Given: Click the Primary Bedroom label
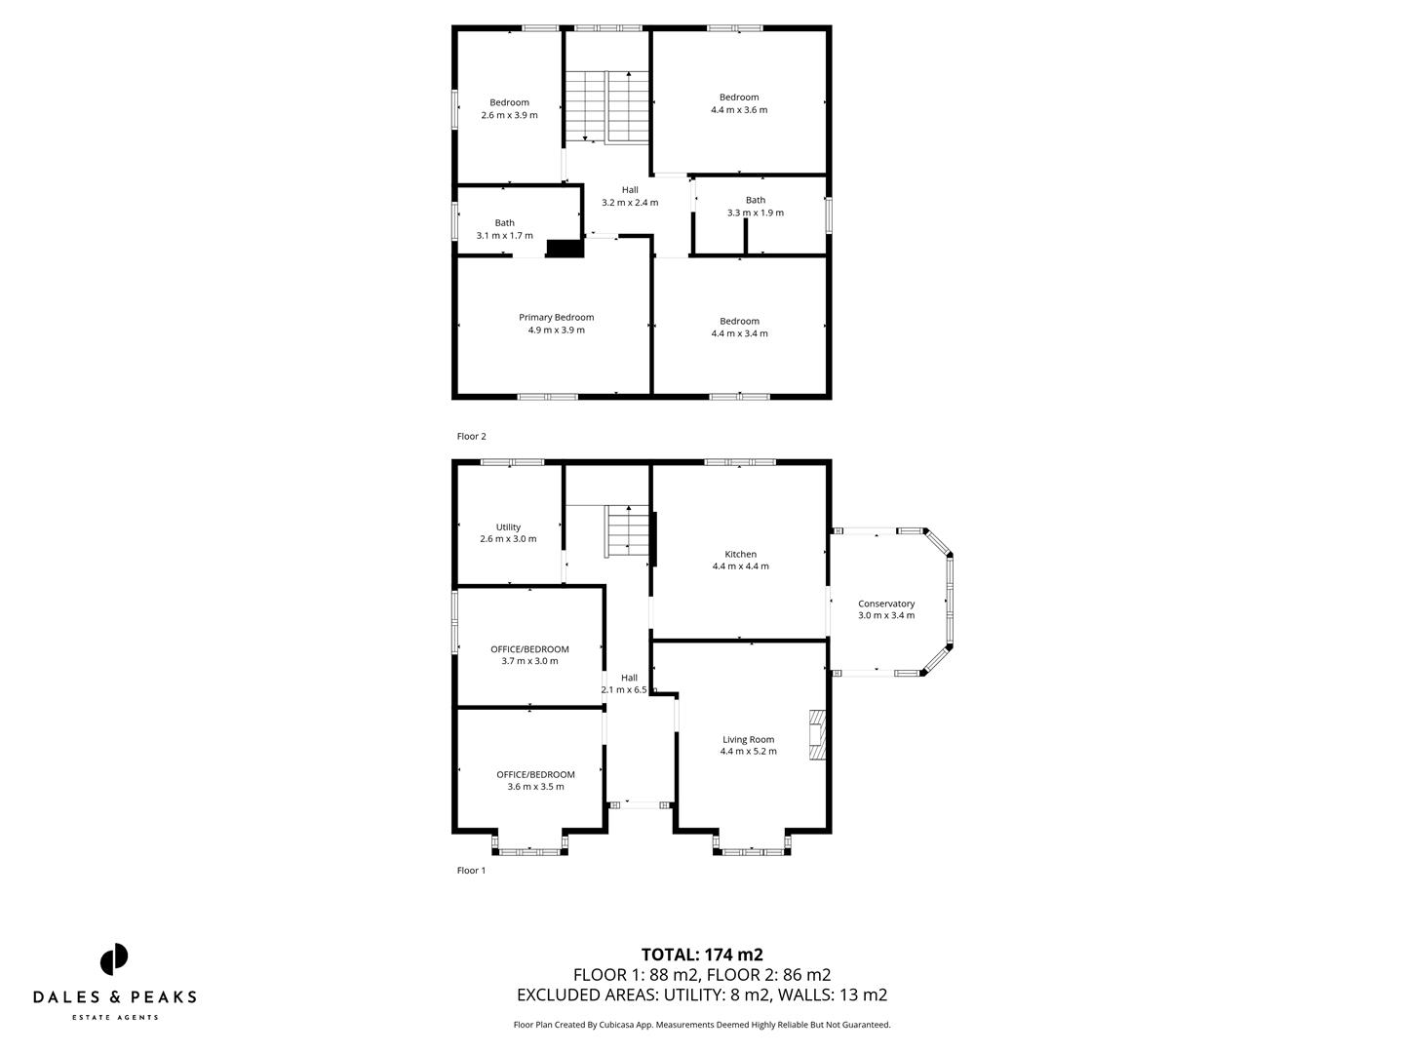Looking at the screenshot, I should coord(556,317).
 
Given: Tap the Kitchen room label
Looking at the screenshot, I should coord(740,554).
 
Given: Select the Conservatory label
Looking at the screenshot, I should coord(885,604).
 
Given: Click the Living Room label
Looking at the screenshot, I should coord(748,739).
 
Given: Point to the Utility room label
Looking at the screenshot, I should coord(508,526).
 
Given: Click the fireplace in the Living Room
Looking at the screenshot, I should coord(816,735).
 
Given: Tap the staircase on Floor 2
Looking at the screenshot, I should coord(608,106).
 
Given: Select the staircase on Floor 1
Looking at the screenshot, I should coord(627,530).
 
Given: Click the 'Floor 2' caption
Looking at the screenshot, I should coord(471,437).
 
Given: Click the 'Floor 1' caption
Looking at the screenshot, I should coord(471,871).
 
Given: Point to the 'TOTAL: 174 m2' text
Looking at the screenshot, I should coord(701,955).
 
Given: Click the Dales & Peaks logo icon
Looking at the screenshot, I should coord(114,959).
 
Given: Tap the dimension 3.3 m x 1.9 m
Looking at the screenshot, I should coord(756,213).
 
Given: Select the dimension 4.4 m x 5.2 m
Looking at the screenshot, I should coord(748,752).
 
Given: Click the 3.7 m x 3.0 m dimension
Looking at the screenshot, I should coord(529,661).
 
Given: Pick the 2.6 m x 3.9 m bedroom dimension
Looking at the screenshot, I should coord(509,115).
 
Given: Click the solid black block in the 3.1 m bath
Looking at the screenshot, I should coord(565,249).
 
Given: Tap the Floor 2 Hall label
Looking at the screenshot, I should coord(630,190).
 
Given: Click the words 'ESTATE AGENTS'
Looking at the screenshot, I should coord(114,1017).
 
